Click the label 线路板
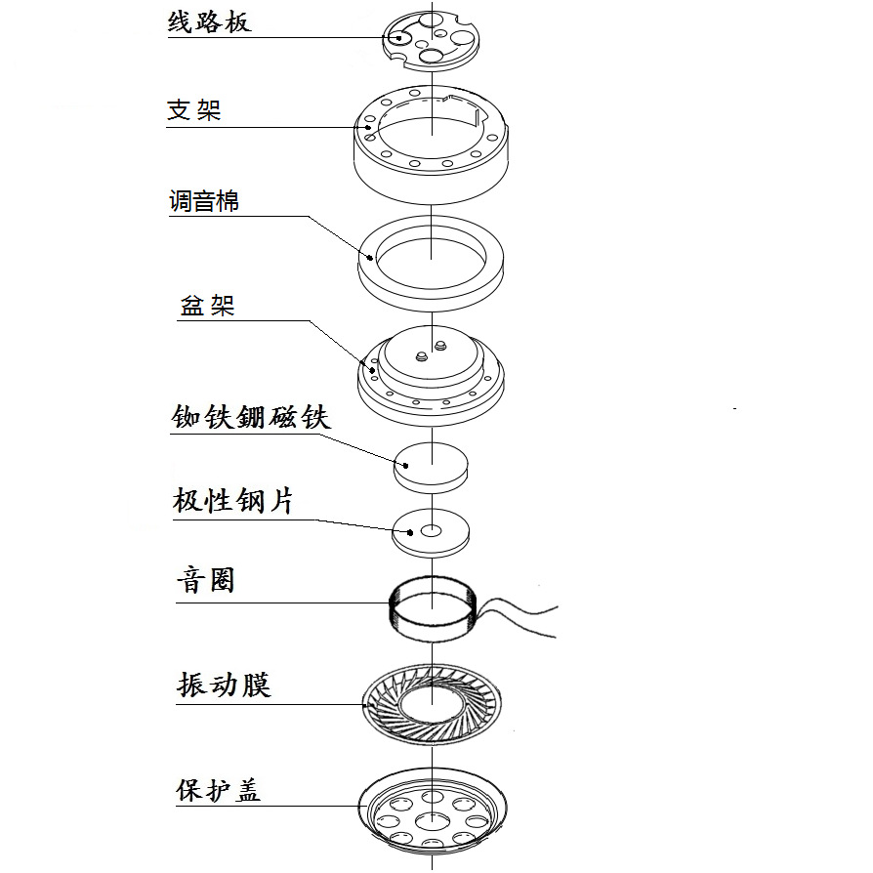pos(209,21)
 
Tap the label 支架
pos(194,109)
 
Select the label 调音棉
pos(204,202)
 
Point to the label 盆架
pos(207,306)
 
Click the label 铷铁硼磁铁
pos(251,417)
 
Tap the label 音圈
pos(205,581)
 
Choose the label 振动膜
pos(224,684)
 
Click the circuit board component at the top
pos(431,38)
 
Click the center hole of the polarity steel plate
pos(432,531)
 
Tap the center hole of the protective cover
pos(432,821)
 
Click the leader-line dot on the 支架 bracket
pos(368,127)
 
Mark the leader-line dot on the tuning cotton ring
pos(370,258)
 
